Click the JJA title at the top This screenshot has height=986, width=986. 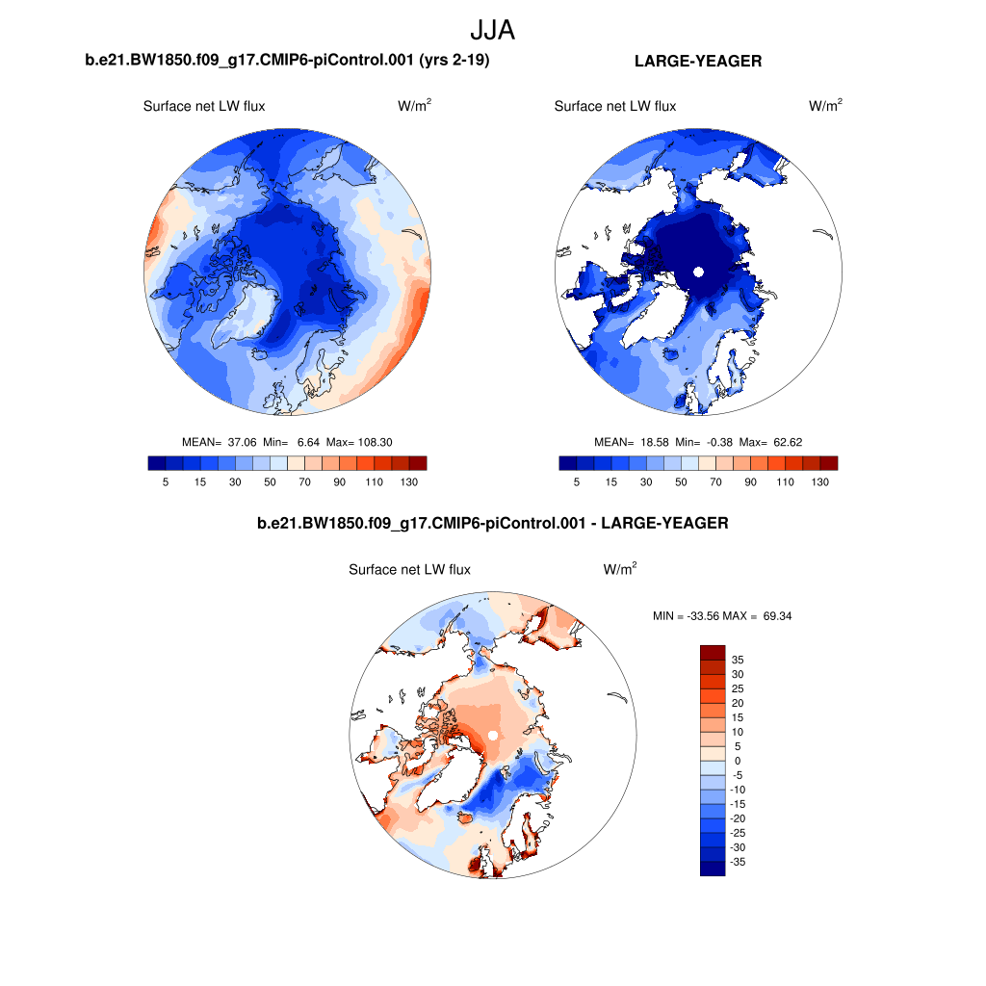pyautogui.click(x=492, y=30)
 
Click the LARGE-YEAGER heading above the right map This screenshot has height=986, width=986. pyautogui.click(x=698, y=62)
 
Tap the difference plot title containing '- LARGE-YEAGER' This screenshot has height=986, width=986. pyautogui.click(x=492, y=524)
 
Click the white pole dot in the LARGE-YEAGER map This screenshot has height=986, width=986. pyautogui.click(x=698, y=273)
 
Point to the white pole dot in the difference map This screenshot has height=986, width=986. pyautogui.click(x=492, y=736)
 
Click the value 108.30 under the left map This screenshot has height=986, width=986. pyautogui.click(x=373, y=442)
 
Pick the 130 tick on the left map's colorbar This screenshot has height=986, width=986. pyautogui.click(x=408, y=481)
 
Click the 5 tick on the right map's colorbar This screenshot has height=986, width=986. pyautogui.click(x=577, y=481)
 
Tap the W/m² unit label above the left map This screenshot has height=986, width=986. pyautogui.click(x=414, y=106)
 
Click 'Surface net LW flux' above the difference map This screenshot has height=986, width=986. pyautogui.click(x=409, y=570)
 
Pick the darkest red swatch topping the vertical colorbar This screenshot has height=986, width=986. pyautogui.click(x=712, y=652)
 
